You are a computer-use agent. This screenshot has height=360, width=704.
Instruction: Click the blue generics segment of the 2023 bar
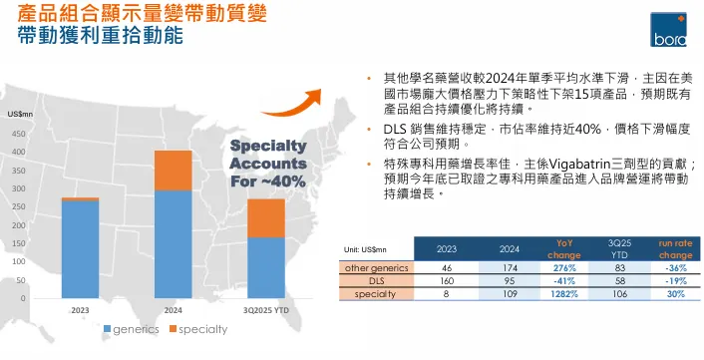[x=80, y=248]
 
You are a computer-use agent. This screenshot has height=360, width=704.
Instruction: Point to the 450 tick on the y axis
[x=20, y=133]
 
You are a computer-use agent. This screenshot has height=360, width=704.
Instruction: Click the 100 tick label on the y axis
[x=20, y=261]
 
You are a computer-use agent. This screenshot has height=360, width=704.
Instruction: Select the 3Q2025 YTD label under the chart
[x=264, y=310]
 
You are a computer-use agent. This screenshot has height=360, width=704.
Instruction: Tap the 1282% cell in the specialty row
[x=563, y=294]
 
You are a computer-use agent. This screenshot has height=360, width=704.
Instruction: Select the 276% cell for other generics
[x=563, y=268]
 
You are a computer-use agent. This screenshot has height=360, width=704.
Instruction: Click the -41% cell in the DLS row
[x=563, y=281]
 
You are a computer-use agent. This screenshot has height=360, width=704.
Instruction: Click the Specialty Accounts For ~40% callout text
[x=267, y=164]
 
